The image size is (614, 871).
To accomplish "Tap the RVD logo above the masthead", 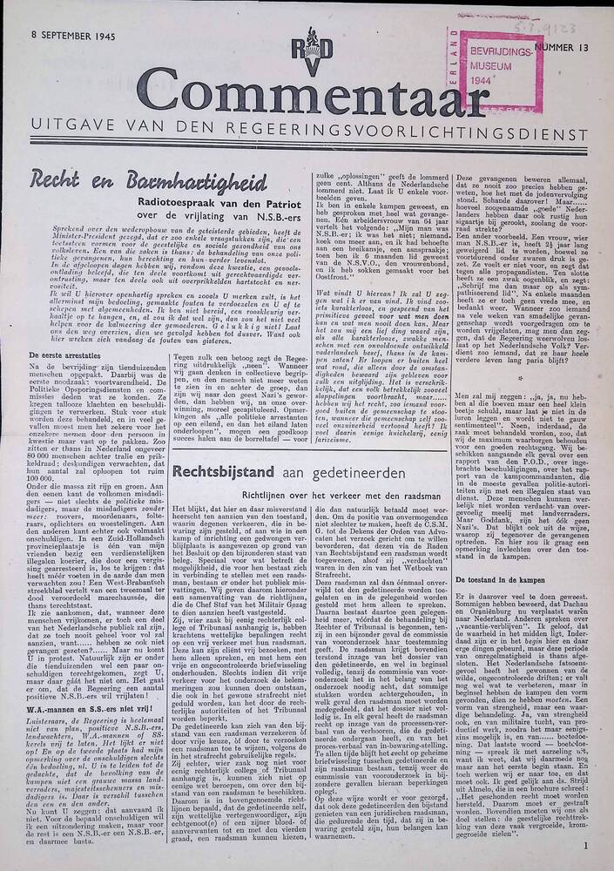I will click(x=285, y=53).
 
